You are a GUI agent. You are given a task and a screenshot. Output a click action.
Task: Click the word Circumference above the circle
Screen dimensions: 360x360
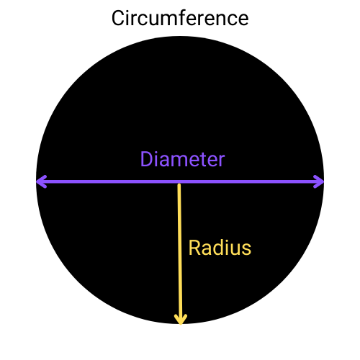pos(180,18)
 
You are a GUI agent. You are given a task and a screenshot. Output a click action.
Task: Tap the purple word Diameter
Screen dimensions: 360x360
pos(182,159)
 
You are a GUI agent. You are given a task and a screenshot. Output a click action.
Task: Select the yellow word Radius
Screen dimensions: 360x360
pos(220,248)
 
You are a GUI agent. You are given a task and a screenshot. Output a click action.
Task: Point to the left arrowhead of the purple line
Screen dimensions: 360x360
pos(41,181)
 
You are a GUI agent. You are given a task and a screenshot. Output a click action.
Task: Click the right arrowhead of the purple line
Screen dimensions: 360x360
pos(319,181)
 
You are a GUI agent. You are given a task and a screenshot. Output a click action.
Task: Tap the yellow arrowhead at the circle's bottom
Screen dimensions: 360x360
pos(181,320)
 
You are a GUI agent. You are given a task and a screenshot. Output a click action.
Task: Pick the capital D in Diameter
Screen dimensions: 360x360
pos(146,159)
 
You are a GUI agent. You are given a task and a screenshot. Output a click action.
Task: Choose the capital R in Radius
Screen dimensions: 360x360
pos(194,248)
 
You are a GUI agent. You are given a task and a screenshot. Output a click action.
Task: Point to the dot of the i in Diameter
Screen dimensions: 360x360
pos(156,153)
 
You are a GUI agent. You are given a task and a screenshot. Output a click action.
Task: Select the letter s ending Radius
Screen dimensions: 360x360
pos(246,250)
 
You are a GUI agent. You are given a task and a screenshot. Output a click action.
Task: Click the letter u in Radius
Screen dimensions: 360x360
pos(235,250)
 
